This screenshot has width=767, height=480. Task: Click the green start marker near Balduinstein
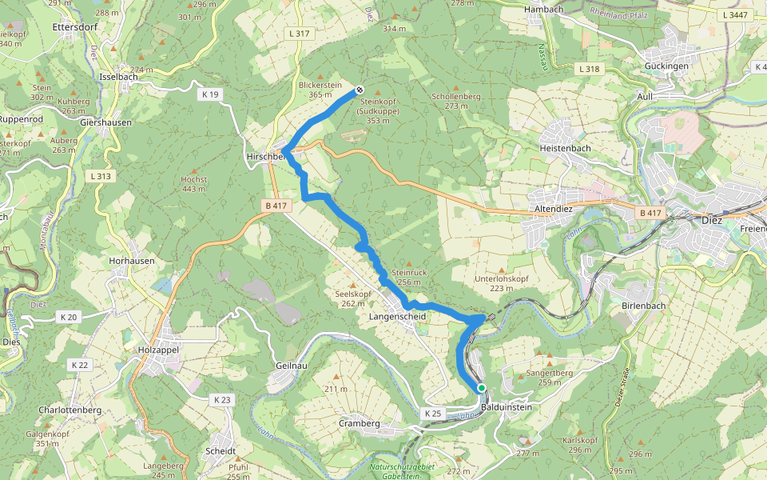481,388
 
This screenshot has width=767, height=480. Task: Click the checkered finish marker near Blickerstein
360,90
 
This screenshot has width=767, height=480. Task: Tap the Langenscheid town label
397,317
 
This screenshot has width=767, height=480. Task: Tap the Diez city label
710,220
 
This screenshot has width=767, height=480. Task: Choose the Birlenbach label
643,306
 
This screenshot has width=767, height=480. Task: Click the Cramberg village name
359,423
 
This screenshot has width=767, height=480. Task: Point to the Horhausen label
131,262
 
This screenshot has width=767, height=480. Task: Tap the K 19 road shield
210,94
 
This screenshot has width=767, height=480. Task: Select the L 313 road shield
101,176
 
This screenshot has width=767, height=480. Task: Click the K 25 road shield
432,413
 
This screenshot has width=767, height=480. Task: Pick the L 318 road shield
588,70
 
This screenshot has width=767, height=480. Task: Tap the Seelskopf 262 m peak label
352,298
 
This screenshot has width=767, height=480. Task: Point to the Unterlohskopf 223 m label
501,282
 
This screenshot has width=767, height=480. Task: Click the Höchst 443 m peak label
194,183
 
